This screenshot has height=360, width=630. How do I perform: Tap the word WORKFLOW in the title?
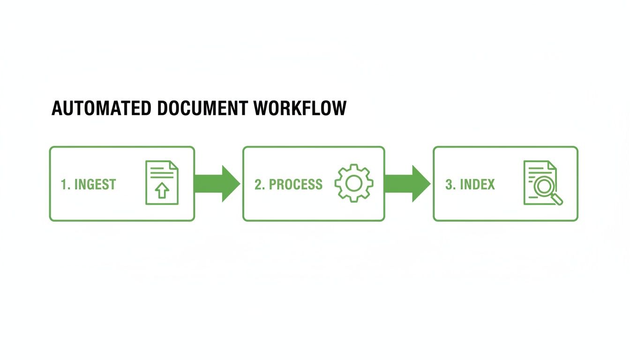pos(301,108)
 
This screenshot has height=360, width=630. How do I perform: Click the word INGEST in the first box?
pos(95,184)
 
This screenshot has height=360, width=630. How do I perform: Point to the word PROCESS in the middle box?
pos(296,184)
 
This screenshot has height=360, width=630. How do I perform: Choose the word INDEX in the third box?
pos(477,184)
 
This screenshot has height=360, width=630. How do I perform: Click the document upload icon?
pos(162,183)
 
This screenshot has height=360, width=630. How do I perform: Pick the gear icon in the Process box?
pos(354,183)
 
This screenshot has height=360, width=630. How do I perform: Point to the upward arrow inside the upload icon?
pos(162,191)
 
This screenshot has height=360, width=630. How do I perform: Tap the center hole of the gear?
pos(354,183)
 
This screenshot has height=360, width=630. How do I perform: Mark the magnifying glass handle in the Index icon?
pos(558,200)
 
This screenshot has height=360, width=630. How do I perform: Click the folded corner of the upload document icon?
pos(173,165)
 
